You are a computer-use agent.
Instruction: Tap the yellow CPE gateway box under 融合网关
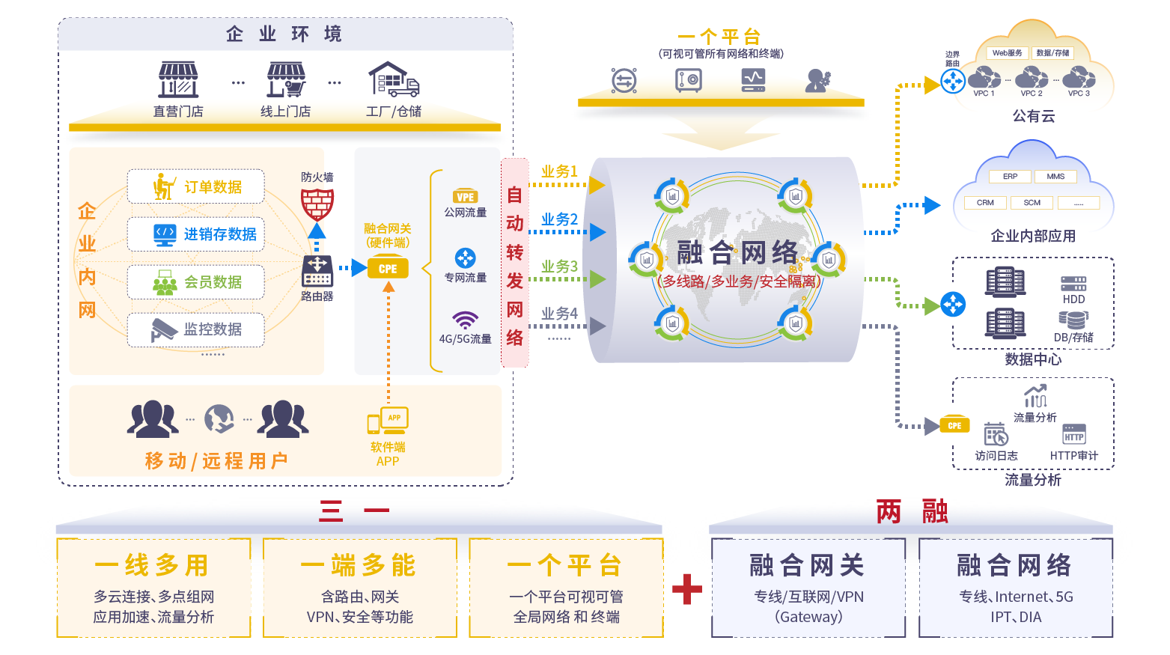(388, 268)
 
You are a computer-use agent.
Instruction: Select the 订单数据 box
(196, 186)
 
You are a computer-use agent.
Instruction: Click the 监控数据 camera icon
(163, 329)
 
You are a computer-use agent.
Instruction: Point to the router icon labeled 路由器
(317, 270)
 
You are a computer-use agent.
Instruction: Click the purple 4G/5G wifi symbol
(465, 320)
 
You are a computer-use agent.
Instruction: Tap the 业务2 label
(559, 219)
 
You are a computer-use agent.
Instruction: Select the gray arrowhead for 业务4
(597, 326)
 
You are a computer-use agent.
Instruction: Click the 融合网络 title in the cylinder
(737, 253)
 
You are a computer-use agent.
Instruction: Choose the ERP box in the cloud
(1010, 177)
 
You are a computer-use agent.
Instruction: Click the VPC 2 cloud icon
(1032, 77)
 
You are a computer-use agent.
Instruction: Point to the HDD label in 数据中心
(1073, 299)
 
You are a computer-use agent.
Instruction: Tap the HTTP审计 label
(1073, 455)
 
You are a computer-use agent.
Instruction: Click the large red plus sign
(687, 588)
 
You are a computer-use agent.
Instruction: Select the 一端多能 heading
(359, 565)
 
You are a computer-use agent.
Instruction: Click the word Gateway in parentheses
(808, 617)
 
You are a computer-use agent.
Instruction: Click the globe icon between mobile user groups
(219, 419)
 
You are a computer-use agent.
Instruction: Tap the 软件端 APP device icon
(388, 421)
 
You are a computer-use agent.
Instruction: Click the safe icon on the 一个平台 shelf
(689, 79)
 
